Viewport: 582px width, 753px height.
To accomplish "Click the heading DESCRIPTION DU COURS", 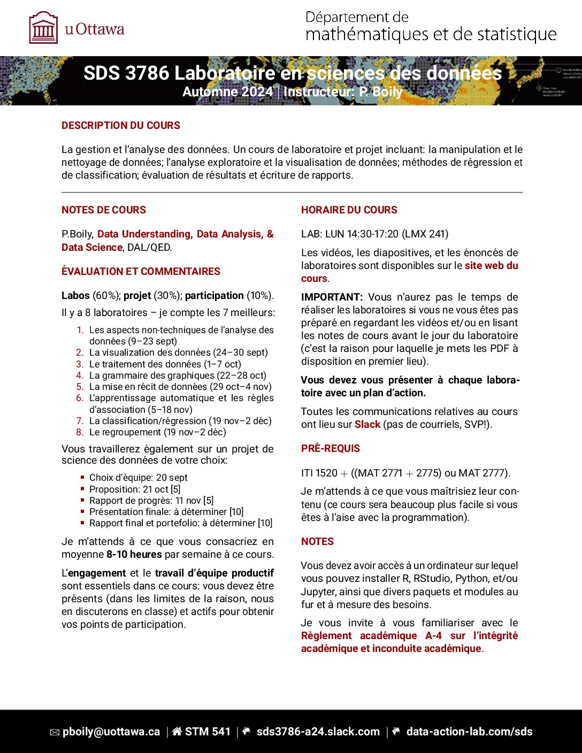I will (121, 126).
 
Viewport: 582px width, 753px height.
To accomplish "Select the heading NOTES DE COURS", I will (104, 210).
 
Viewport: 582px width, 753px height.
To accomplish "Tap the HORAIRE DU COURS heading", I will (349, 210).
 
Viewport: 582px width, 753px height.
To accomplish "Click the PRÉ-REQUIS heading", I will (331, 449).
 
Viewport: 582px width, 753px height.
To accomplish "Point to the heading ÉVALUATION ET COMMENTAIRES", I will (141, 272).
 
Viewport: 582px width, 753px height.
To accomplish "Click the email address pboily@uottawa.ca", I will (111, 732).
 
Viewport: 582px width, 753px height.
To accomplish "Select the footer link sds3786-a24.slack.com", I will (318, 732).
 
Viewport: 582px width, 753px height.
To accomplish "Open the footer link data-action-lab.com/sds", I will (469, 732).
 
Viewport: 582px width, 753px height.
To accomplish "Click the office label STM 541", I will (208, 732).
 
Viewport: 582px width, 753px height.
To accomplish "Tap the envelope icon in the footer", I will (55, 733).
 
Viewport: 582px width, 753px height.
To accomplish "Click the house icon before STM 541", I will (177, 732).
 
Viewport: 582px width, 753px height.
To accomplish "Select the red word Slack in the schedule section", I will (367, 425).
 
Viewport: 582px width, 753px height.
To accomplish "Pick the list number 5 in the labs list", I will (80, 387).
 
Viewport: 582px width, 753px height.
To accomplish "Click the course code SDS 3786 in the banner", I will (126, 74).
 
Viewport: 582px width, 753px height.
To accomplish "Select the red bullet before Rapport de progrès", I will (83, 501).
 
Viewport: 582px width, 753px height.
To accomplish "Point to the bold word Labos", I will (75, 296).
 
